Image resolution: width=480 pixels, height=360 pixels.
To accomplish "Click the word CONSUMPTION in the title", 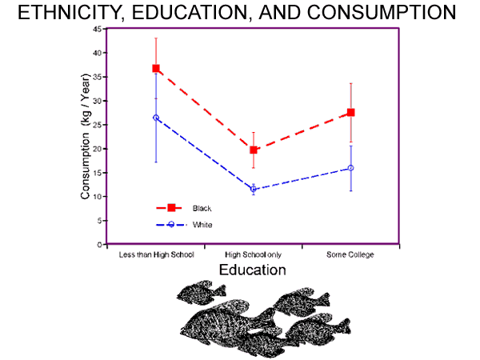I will (x=377, y=14).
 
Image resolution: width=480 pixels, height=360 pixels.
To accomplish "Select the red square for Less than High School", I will (x=156, y=69).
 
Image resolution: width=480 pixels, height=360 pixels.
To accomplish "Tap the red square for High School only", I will (x=254, y=150).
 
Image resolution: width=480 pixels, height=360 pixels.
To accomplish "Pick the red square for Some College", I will (x=350, y=113).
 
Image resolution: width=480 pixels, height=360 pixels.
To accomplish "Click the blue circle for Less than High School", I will (x=156, y=118).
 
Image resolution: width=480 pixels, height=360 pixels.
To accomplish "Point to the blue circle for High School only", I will (x=254, y=190).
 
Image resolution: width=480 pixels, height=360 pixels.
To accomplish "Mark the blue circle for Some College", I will (x=350, y=168).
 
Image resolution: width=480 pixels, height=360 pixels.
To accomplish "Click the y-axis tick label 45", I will (x=97, y=29).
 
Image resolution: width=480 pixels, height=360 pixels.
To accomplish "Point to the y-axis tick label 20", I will (x=97, y=149).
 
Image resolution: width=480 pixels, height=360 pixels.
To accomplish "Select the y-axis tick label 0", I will (x=99, y=245).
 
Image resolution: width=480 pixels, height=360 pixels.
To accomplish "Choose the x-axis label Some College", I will (x=350, y=255).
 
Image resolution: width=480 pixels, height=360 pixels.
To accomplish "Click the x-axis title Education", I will (x=253, y=270).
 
